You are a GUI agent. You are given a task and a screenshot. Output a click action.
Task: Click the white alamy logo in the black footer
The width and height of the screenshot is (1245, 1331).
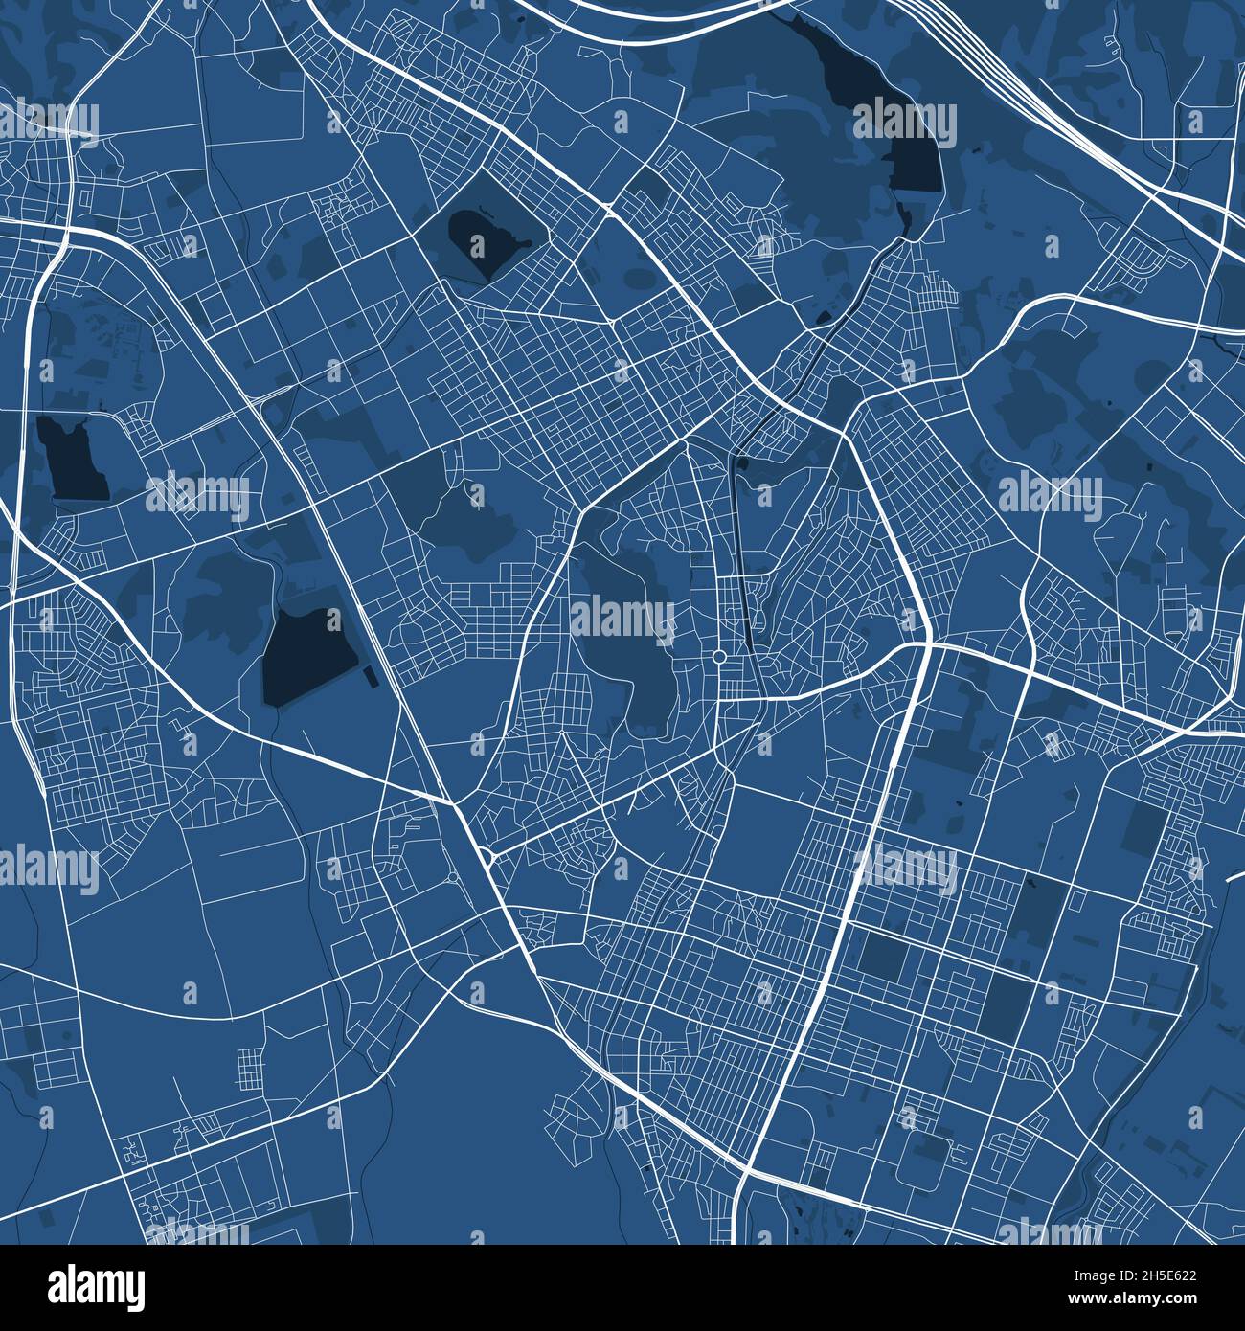point(96,1287)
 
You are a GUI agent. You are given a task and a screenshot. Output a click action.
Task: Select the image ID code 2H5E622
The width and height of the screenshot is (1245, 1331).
point(1163,1275)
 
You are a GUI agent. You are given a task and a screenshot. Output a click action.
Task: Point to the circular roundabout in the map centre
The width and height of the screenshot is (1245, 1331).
point(718,656)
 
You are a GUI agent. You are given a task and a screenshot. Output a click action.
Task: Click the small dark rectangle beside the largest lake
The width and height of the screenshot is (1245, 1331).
point(371,677)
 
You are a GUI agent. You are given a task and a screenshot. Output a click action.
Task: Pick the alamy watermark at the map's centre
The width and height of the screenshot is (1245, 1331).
point(622,618)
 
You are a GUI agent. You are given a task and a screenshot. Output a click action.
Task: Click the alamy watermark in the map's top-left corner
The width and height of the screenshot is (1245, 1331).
point(48,123)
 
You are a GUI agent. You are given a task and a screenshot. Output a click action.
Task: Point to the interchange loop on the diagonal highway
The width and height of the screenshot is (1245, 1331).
point(486,855)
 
